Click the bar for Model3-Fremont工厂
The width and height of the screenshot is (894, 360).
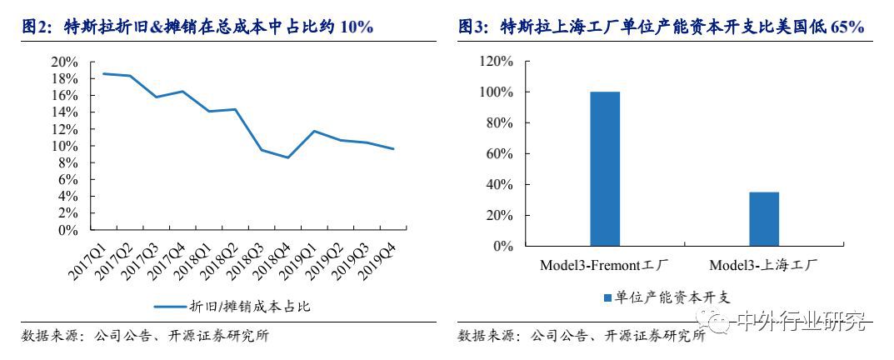pyautogui.click(x=605, y=168)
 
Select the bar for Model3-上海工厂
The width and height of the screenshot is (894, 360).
pyautogui.click(x=763, y=219)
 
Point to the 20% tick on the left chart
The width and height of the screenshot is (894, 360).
pyautogui.click(x=65, y=62)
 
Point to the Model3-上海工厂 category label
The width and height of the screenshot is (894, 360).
pyautogui.click(x=763, y=265)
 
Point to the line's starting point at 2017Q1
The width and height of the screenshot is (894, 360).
pyautogui.click(x=104, y=73)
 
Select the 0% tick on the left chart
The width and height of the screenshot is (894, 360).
pyautogui.click(x=68, y=230)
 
